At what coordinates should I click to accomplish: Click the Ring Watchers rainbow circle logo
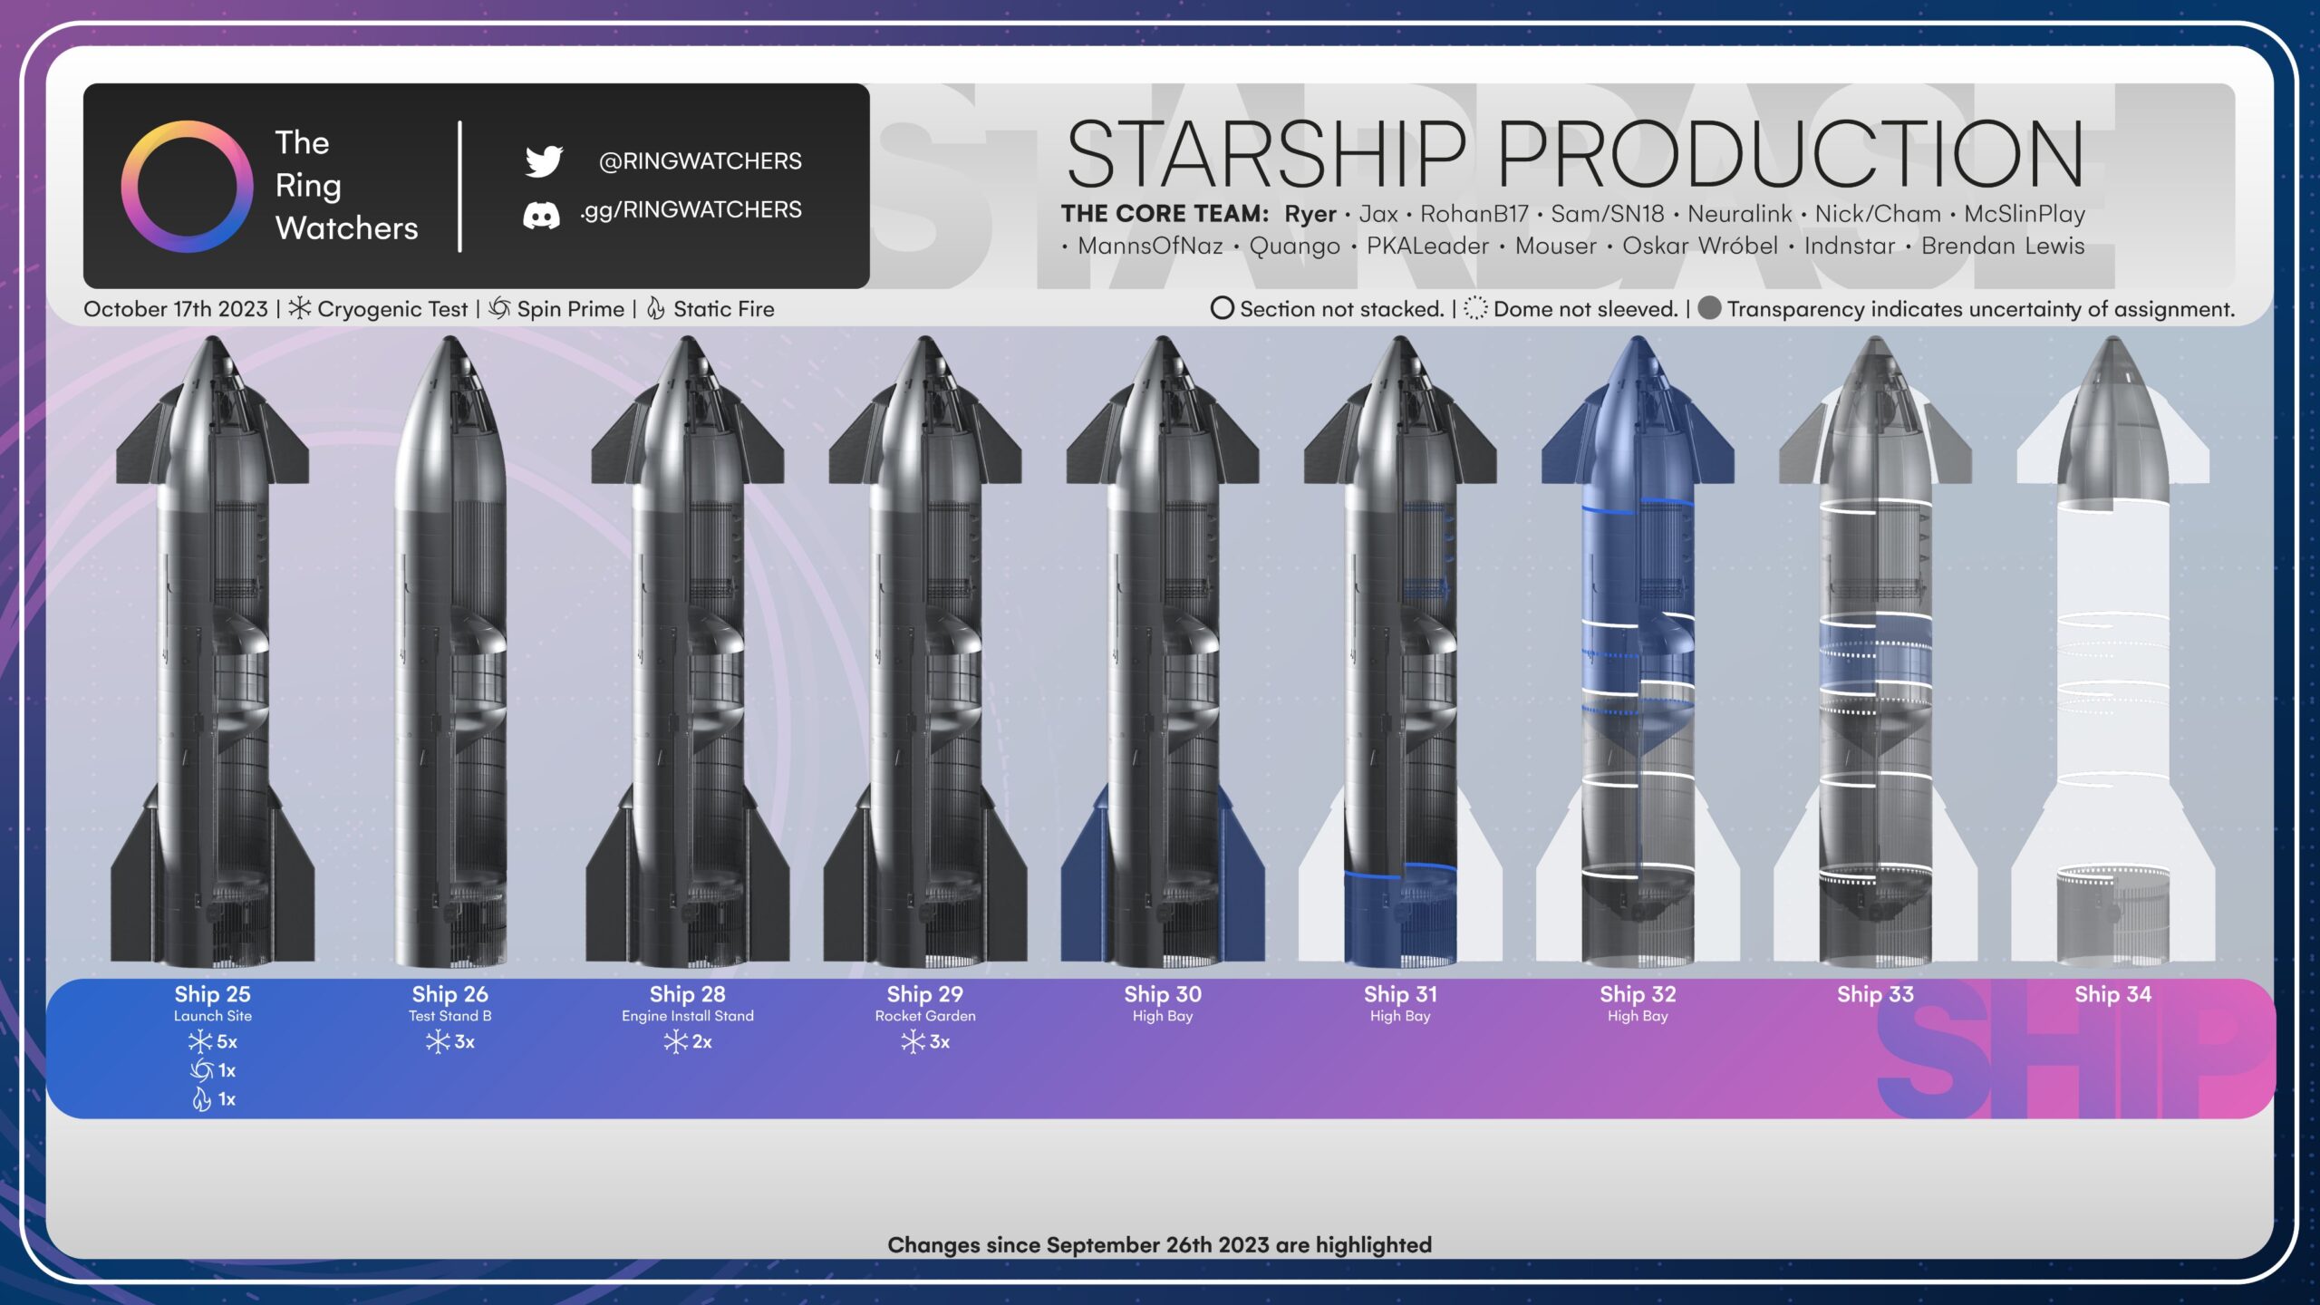[x=188, y=124]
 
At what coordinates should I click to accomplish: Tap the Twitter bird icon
[x=544, y=160]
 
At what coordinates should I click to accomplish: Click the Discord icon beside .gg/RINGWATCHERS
[x=541, y=215]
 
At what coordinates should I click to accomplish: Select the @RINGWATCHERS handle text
[x=700, y=161]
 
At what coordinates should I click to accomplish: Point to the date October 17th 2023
[x=176, y=309]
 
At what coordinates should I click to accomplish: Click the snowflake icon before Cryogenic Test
[x=299, y=308]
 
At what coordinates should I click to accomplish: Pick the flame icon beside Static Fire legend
[x=656, y=309]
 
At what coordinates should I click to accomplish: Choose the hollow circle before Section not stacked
[x=1222, y=309]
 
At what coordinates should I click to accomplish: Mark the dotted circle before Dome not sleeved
[x=1475, y=309]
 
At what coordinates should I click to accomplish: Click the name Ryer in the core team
[x=1310, y=214]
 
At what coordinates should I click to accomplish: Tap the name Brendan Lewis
[x=2003, y=246]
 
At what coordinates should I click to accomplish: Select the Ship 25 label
[x=213, y=994]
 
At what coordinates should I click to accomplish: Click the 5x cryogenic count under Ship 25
[x=213, y=1042]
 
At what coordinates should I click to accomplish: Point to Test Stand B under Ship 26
[x=450, y=1016]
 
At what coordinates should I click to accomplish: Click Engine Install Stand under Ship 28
[x=688, y=1016]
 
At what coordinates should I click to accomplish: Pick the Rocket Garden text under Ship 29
[x=925, y=1016]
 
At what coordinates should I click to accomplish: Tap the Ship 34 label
[x=2113, y=994]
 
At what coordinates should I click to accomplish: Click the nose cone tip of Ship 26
[x=450, y=338]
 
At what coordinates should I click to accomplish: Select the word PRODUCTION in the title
[x=1790, y=153]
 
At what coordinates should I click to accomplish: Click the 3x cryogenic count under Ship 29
[x=925, y=1042]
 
